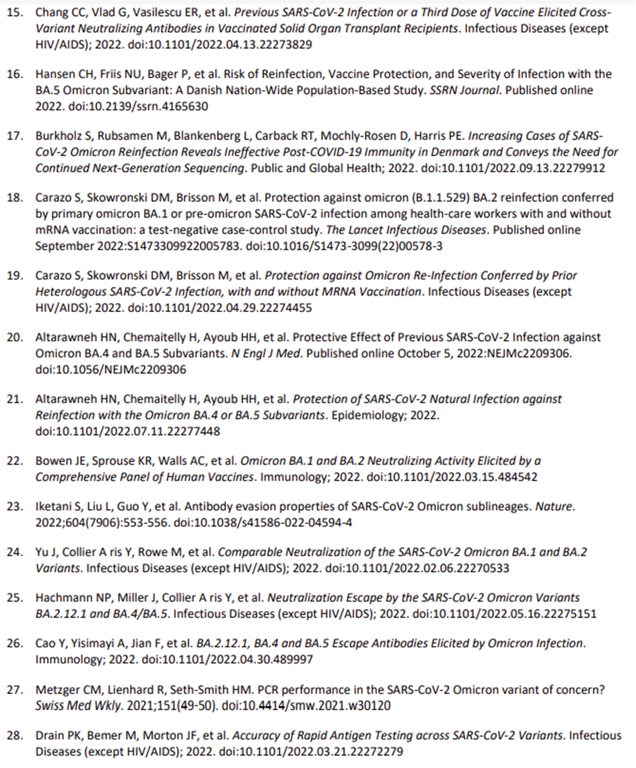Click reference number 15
(15, 13)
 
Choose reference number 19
(15, 276)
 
